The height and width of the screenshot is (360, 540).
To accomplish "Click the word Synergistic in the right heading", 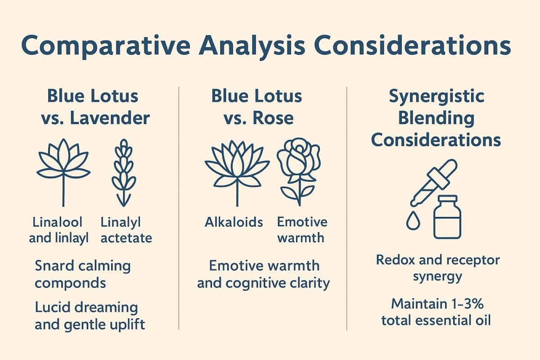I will pyautogui.click(x=436, y=96).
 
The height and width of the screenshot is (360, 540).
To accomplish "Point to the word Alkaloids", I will pyautogui.click(x=234, y=222).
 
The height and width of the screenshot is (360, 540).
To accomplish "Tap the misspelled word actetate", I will pyautogui.click(x=126, y=237).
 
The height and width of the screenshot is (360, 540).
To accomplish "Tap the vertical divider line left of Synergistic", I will pyautogui.click(x=346, y=207).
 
